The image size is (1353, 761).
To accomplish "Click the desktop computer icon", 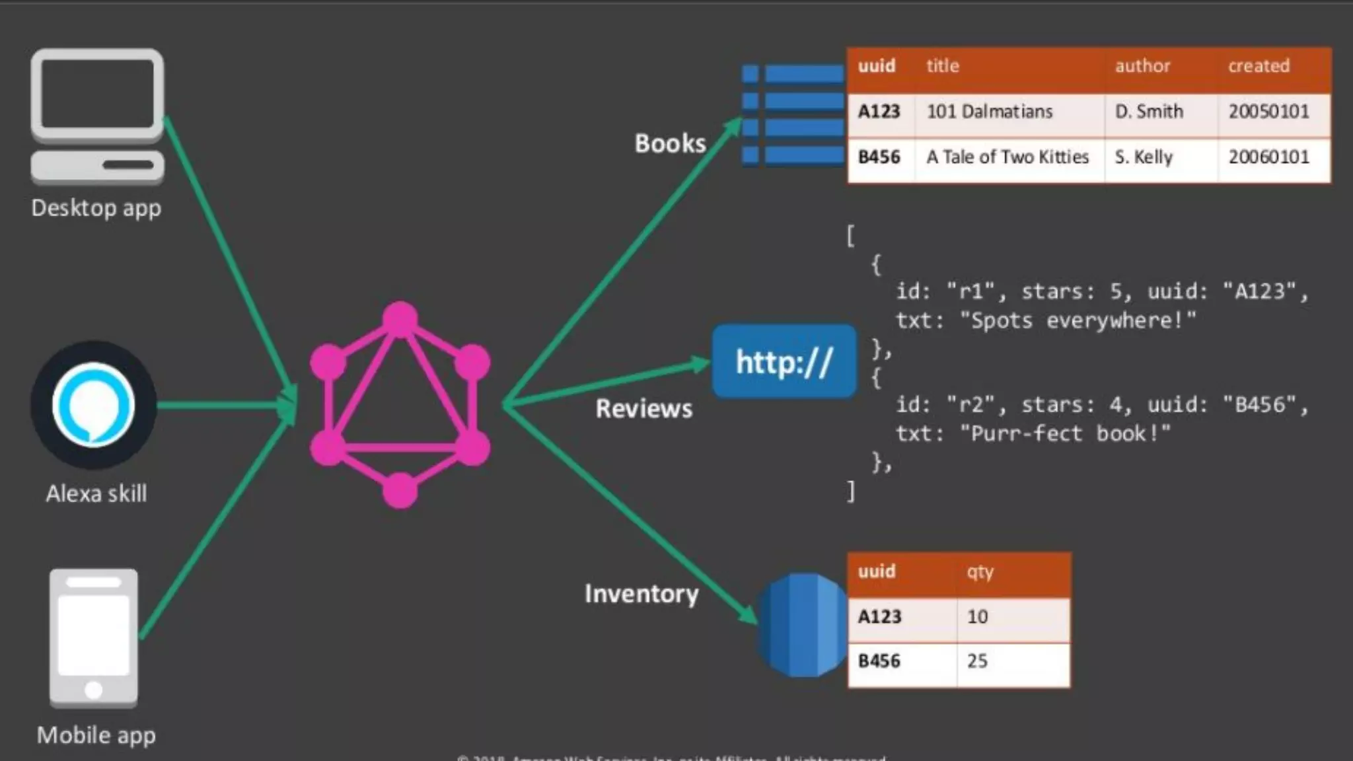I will [x=97, y=116].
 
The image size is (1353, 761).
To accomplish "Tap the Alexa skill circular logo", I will [x=93, y=405].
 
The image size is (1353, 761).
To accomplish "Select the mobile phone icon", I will [x=94, y=637].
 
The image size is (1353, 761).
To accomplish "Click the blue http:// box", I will [x=784, y=361].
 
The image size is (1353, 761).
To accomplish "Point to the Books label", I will [x=670, y=143].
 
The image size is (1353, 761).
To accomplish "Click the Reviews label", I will [x=643, y=409].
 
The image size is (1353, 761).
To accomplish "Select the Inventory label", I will [x=641, y=594].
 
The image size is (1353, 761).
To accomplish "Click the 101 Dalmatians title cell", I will [x=989, y=112].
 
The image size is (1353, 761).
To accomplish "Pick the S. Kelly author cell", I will [x=1144, y=157].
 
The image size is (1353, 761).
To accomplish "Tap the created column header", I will [x=1259, y=66].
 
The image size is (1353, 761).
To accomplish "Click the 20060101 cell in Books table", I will [x=1268, y=157].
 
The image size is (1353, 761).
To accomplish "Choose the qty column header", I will [x=980, y=571].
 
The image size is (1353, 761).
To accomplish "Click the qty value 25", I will [x=977, y=661].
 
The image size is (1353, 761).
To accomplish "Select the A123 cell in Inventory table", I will [x=879, y=617].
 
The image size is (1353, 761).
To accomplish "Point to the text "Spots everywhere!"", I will [x=1078, y=321].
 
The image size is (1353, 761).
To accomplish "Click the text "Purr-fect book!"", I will [x=1064, y=434].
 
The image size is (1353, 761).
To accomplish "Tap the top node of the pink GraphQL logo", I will [x=400, y=319].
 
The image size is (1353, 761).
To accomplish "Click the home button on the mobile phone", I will [x=94, y=690].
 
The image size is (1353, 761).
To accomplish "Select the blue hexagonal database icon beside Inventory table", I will [x=801, y=625].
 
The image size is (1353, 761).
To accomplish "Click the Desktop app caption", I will [x=96, y=208].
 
